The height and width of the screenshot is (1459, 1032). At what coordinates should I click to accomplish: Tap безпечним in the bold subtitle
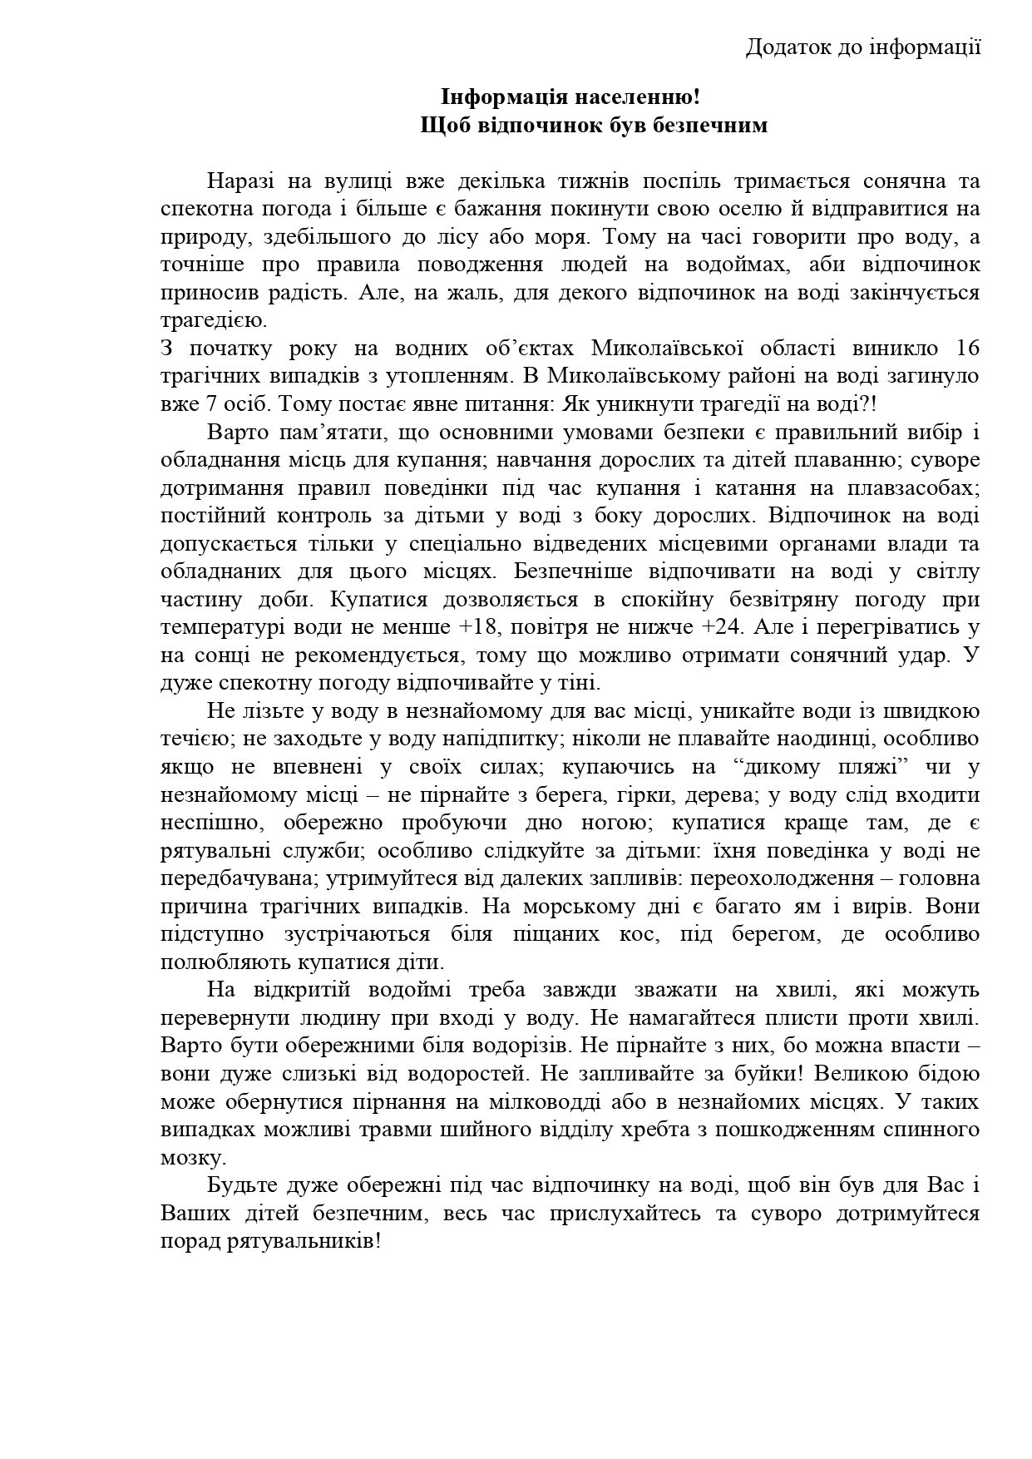[x=709, y=126]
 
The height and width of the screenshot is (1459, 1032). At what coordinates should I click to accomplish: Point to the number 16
[x=967, y=348]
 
